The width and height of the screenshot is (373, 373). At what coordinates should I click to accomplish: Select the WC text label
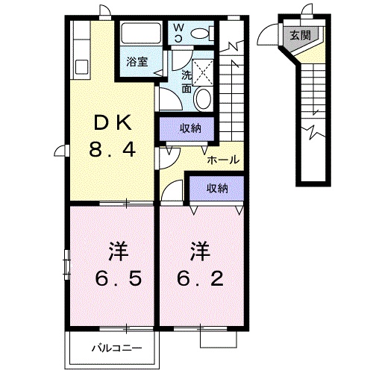pos(179,31)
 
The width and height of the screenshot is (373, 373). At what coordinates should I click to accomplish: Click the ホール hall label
pos(223,160)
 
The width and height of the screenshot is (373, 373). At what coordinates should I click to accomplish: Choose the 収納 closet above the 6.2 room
pos(216,187)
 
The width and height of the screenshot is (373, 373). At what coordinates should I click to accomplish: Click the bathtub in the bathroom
pos(141,35)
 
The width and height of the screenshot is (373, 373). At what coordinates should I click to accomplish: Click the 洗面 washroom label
pos(186,80)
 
